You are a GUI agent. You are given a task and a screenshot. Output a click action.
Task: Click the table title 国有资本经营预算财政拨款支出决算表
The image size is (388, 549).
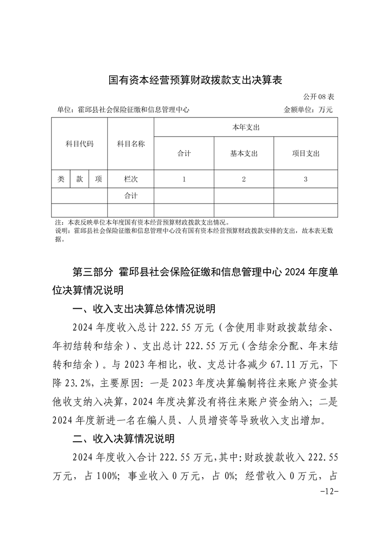click(195, 80)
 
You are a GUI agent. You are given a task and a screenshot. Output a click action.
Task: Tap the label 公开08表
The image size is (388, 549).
click(319, 96)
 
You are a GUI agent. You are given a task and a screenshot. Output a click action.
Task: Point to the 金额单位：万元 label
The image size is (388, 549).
click(308, 110)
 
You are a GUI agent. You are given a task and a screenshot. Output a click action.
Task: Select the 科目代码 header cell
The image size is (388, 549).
click(79, 144)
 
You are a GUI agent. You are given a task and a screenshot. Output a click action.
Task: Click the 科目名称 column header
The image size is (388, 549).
click(131, 144)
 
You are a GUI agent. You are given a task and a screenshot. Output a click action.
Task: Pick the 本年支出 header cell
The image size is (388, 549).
click(246, 127)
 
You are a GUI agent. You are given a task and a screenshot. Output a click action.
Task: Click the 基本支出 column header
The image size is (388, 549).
click(244, 154)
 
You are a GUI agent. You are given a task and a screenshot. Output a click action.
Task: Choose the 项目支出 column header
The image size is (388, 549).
click(305, 154)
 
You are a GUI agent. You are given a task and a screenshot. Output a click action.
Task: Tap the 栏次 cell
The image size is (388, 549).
click(131, 179)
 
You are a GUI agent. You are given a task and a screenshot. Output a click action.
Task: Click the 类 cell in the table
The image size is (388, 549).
click(61, 179)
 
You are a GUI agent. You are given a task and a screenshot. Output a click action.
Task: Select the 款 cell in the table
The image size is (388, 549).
click(79, 179)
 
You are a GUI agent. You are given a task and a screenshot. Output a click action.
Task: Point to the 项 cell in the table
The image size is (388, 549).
click(98, 179)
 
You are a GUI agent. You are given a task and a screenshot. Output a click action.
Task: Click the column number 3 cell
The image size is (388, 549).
click(305, 179)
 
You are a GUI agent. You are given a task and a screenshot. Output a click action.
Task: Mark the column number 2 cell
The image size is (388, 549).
click(244, 179)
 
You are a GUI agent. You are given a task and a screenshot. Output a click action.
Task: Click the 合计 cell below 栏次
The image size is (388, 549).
click(131, 196)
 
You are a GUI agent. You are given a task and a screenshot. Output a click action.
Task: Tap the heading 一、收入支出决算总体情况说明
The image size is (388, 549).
click(143, 309)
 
